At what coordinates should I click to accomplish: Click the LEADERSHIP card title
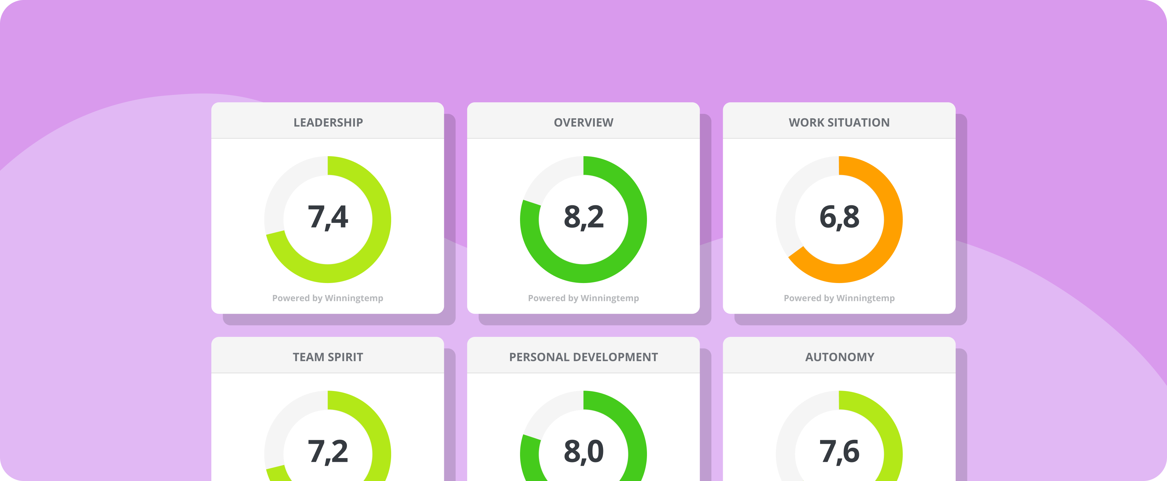point(328,122)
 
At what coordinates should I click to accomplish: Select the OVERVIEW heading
point(583,122)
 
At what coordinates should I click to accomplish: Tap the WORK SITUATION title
point(839,122)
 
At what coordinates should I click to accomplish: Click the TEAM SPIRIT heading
point(328,357)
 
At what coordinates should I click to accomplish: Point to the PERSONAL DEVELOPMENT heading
point(583,357)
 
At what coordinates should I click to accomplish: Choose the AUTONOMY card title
point(839,357)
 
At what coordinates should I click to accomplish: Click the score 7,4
point(328,217)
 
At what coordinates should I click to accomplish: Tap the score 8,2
point(583,217)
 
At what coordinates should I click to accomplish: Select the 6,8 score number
point(839,217)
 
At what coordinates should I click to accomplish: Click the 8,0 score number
point(583,451)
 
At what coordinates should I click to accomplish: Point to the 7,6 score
point(839,451)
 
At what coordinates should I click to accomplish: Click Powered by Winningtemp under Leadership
point(328,298)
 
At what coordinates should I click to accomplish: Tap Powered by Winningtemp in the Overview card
point(583,298)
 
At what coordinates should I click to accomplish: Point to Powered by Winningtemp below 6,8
point(839,298)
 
